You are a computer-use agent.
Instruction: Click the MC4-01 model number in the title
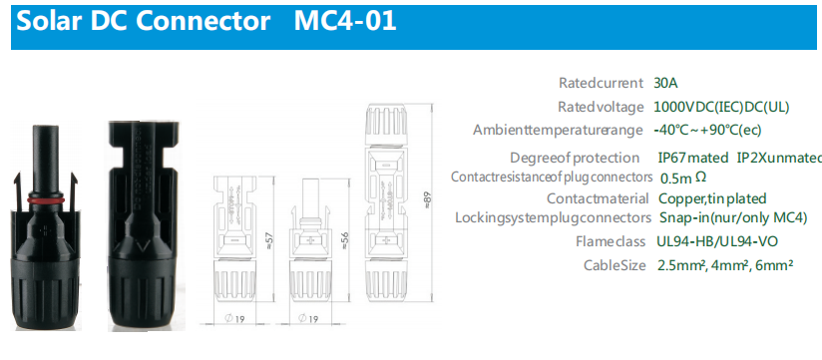[345, 22]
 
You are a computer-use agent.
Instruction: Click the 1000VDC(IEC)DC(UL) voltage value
[721, 107]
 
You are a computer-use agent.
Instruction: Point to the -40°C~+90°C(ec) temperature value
[707, 130]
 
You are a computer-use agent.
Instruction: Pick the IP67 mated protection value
[693, 158]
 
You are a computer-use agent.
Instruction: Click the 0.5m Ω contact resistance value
[683, 179]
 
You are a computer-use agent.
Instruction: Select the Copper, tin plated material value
[712, 199]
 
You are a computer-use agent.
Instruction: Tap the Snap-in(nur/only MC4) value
[732, 218]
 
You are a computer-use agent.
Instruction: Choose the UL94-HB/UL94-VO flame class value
[717, 241]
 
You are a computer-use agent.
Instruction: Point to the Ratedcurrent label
[601, 84]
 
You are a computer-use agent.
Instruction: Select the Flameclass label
[611, 241]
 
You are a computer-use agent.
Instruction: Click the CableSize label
[615, 265]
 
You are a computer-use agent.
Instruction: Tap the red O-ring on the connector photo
[45, 200]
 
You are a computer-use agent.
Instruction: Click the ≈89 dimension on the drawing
[427, 199]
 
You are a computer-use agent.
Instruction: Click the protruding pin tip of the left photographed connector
[45, 129]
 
